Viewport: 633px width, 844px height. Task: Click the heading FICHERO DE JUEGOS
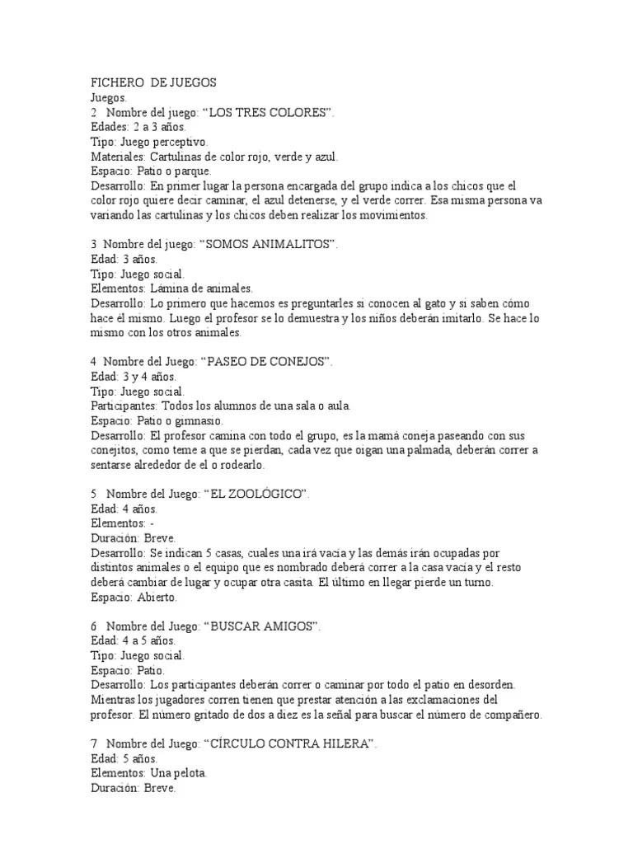tap(152, 82)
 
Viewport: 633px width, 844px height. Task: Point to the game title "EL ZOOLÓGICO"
tap(259, 493)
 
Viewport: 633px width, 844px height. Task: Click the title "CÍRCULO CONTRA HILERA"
tap(292, 743)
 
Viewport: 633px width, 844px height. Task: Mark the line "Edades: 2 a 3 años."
tap(138, 127)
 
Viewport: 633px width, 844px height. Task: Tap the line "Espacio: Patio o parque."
tap(150, 171)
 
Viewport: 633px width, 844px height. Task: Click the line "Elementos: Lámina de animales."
tap(171, 288)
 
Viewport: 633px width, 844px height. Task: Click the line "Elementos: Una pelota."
tap(148, 773)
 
